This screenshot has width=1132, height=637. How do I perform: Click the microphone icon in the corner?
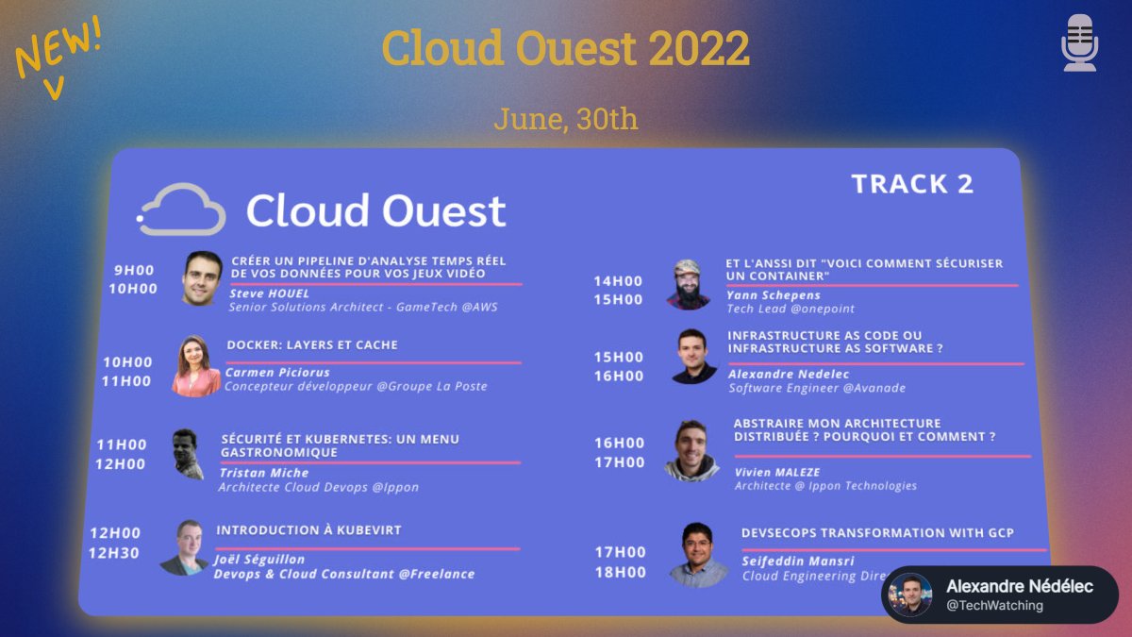click(x=1079, y=42)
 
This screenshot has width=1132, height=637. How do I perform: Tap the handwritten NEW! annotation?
click(x=58, y=50)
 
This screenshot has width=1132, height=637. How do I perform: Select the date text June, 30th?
click(x=565, y=119)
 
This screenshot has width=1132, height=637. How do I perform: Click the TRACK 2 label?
click(x=911, y=184)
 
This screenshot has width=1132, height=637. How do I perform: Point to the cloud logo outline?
click(x=181, y=209)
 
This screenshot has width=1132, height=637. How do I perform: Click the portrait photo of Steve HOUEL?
click(x=202, y=278)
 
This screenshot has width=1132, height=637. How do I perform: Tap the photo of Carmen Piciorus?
click(x=196, y=366)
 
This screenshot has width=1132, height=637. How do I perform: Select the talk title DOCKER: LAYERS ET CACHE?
click(x=312, y=345)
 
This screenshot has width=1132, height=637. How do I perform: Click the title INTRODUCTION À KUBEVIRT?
click(x=308, y=530)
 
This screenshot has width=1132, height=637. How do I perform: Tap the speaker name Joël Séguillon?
click(x=259, y=560)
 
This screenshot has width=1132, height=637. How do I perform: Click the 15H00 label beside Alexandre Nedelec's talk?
click(x=619, y=358)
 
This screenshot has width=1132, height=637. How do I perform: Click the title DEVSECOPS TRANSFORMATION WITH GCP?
click(x=877, y=533)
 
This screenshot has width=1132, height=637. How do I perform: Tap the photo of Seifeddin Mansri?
click(x=698, y=555)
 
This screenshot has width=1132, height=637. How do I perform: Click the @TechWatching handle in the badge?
click(x=994, y=606)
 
